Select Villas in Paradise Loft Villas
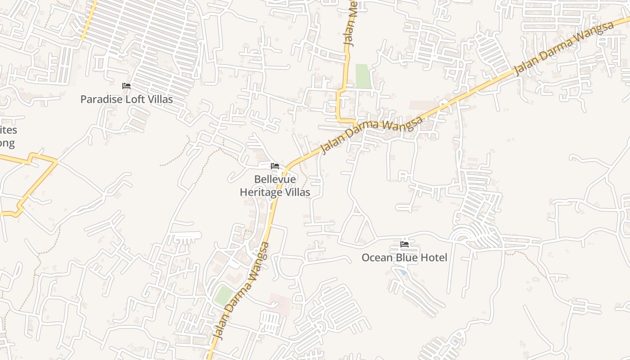[x=161, y=99]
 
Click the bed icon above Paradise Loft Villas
[x=126, y=85]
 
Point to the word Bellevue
[x=275, y=180]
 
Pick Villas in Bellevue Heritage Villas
[x=297, y=193]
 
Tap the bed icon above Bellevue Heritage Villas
[x=275, y=166]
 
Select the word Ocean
[x=377, y=258]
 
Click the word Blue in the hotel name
[x=406, y=258]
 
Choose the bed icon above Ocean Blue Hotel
[x=405, y=244]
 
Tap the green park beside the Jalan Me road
[x=363, y=76]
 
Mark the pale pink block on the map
[x=279, y=303]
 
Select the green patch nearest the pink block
[x=224, y=295]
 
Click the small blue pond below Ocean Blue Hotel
[x=404, y=272]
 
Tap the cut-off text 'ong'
[x=7, y=144]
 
